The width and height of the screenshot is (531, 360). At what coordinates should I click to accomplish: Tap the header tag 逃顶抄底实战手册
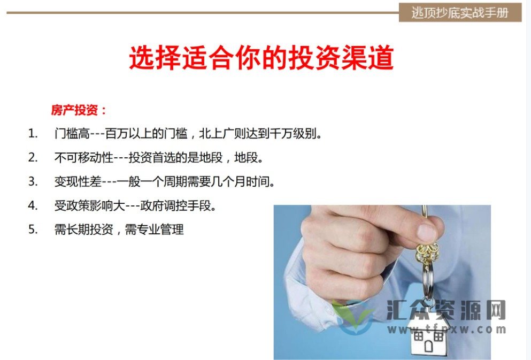pyautogui.click(x=459, y=12)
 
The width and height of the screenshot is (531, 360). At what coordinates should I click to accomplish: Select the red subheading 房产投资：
pyautogui.click(x=79, y=110)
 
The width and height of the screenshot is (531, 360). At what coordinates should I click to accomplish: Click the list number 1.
pyautogui.click(x=33, y=133)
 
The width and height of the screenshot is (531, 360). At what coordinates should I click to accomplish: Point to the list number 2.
pyautogui.click(x=33, y=157)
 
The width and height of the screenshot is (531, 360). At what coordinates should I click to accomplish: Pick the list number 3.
pyautogui.click(x=33, y=181)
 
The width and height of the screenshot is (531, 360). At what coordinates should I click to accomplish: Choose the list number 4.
pyautogui.click(x=33, y=205)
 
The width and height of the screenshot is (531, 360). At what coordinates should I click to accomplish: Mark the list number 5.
pyautogui.click(x=33, y=229)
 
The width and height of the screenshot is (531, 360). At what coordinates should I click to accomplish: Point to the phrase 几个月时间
pyautogui.click(x=246, y=181)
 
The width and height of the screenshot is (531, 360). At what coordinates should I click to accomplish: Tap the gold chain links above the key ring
pyautogui.click(x=426, y=251)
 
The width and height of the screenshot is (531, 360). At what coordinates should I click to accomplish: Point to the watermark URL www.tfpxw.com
pyautogui.click(x=447, y=329)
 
